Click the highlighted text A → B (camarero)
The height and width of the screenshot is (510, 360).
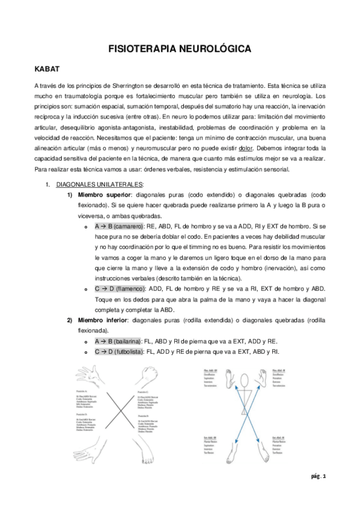coord(118,226)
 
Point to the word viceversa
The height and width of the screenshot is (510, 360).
coord(92,216)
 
